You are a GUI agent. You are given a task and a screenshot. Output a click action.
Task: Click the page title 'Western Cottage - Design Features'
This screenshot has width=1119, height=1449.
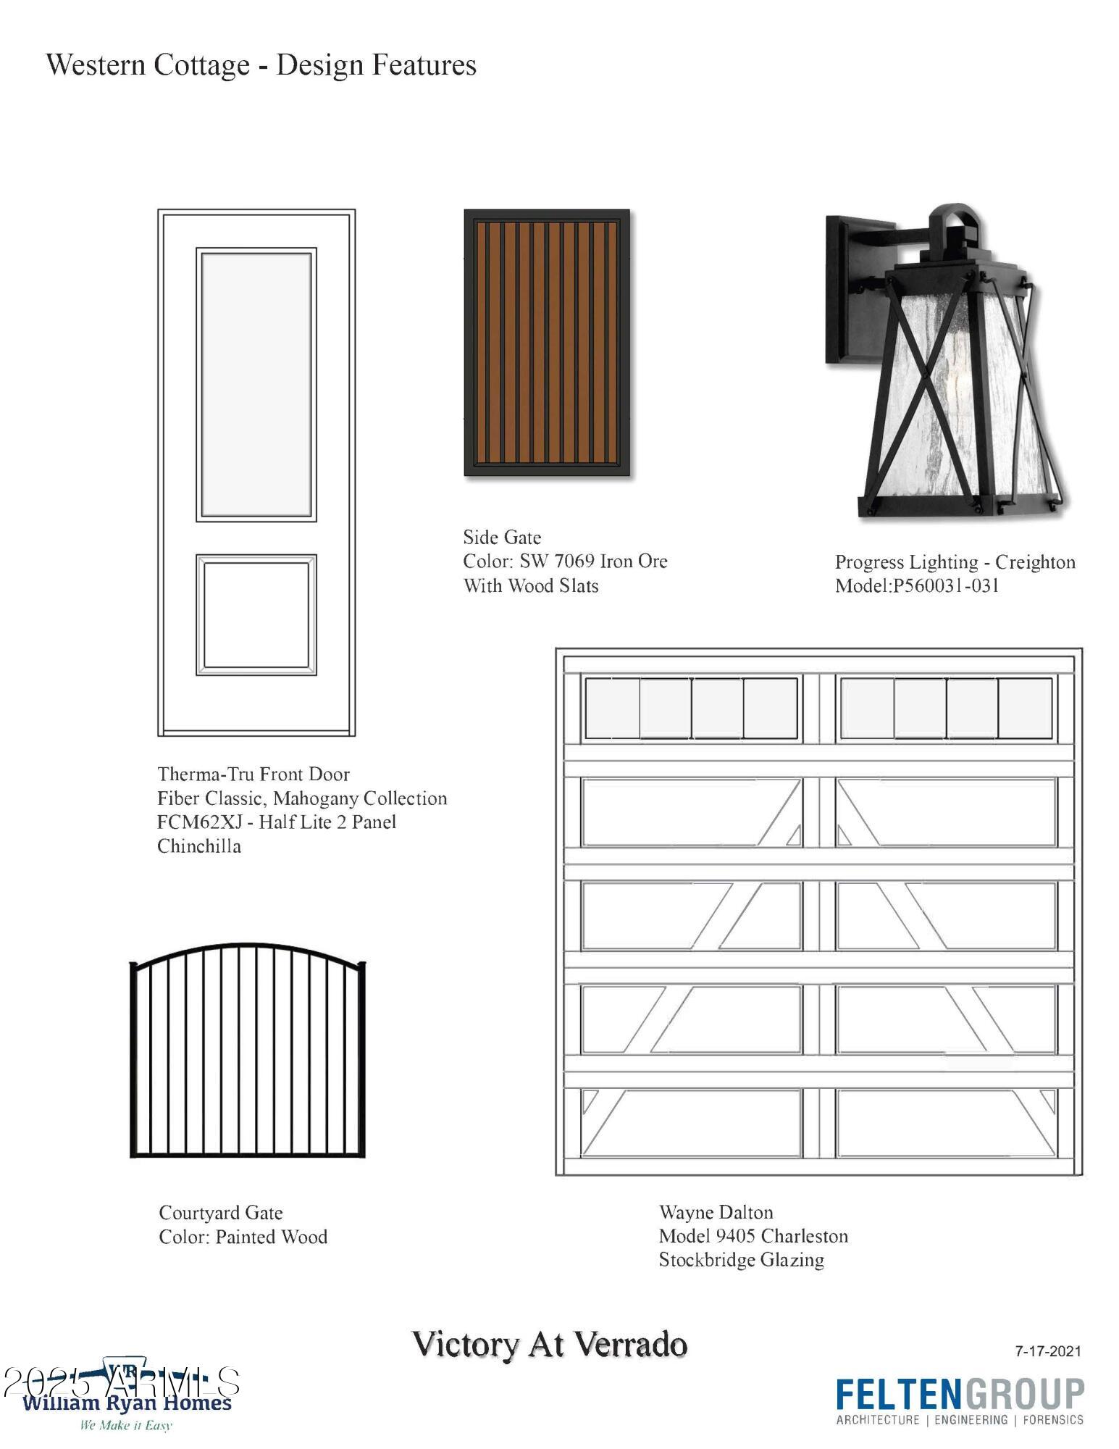pyautogui.click(x=261, y=65)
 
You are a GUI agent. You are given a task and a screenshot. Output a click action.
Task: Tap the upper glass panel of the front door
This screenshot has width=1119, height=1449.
pyautogui.click(x=256, y=385)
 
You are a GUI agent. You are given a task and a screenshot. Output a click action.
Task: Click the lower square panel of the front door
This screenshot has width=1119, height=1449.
pyautogui.click(x=256, y=615)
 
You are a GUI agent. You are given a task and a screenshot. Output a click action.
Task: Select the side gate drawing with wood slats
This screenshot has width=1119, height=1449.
pyautogui.click(x=547, y=343)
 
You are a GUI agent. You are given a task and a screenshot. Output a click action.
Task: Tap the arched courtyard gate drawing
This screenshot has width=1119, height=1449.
pyautogui.click(x=248, y=1051)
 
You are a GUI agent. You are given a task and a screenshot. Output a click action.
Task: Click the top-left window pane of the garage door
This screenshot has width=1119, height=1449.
pyautogui.click(x=612, y=708)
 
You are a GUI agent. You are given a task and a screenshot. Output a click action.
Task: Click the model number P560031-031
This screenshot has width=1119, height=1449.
pyautogui.click(x=945, y=585)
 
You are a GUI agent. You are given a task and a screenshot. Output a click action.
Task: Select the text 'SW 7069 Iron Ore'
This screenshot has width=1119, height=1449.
pyautogui.click(x=593, y=561)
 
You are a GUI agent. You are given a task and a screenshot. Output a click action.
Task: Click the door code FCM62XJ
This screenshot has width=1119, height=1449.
pyautogui.click(x=200, y=822)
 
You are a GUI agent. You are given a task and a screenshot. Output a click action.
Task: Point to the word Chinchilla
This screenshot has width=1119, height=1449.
pyautogui.click(x=199, y=845)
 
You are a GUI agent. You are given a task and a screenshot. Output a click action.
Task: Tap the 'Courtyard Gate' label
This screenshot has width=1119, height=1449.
pyautogui.click(x=221, y=1213)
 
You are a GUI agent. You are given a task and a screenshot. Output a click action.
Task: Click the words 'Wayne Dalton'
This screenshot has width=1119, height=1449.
pyautogui.click(x=716, y=1212)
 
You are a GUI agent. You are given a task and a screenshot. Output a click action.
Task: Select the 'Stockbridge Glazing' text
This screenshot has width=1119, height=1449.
pyautogui.click(x=742, y=1260)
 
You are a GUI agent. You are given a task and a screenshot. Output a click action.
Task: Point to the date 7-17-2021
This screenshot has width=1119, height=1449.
pyautogui.click(x=1048, y=1350)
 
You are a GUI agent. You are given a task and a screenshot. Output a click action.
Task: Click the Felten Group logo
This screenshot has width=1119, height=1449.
pyautogui.click(x=960, y=1402)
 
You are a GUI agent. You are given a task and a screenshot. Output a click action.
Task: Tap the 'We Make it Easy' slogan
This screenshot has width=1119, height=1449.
pyautogui.click(x=126, y=1425)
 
